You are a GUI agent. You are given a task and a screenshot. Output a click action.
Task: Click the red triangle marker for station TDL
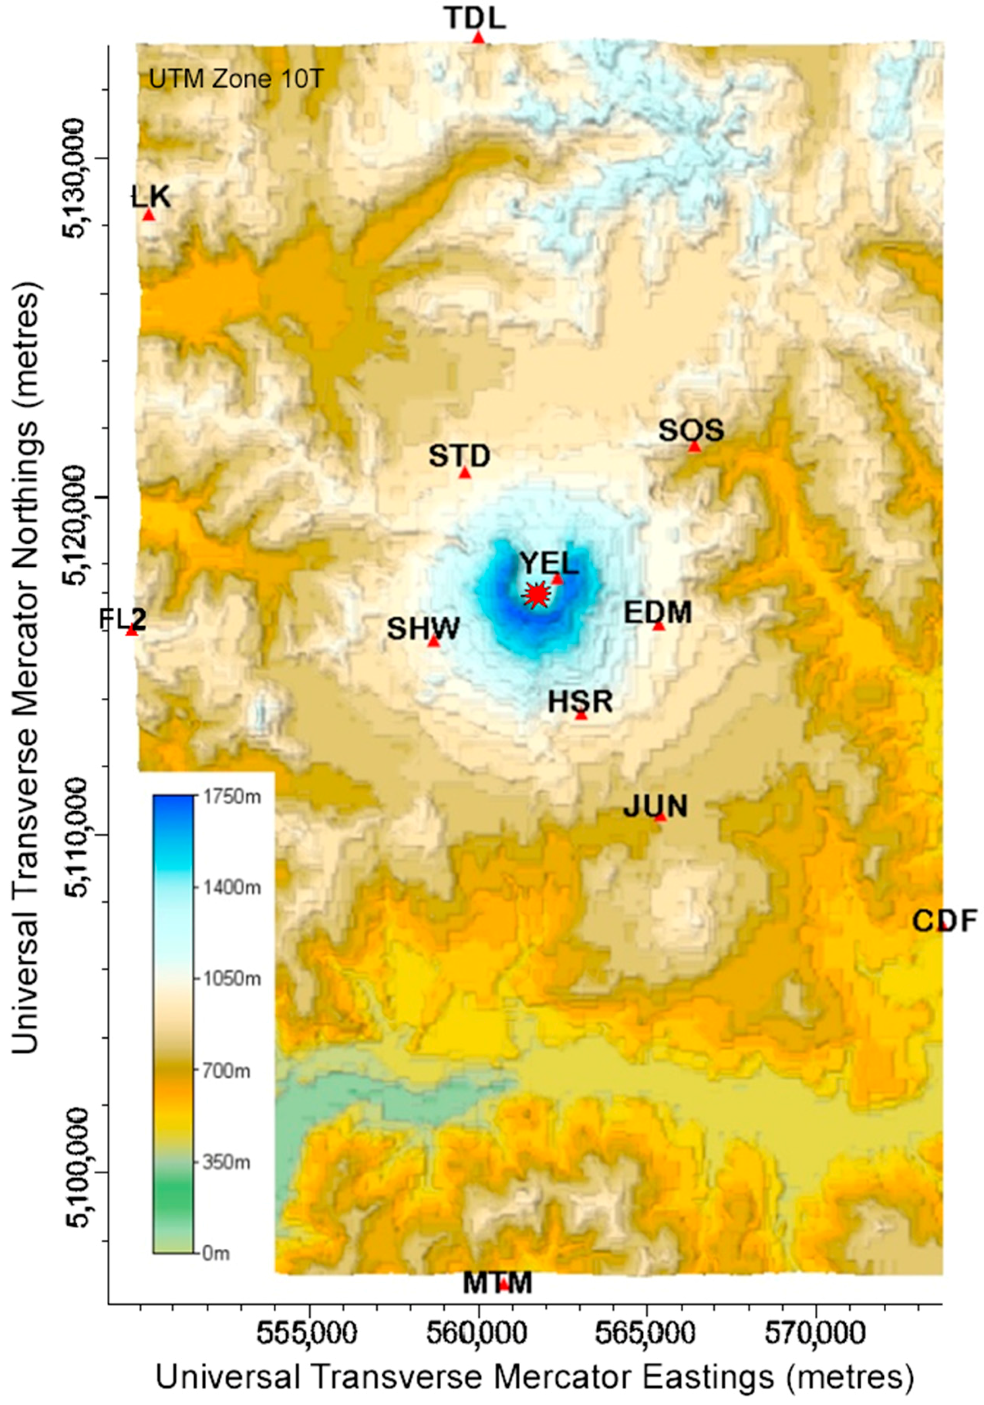point(479,38)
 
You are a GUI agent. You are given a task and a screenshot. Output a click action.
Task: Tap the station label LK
point(150,197)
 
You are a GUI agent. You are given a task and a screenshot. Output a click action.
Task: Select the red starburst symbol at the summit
point(537,594)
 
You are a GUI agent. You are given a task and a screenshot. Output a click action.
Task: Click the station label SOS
point(691,431)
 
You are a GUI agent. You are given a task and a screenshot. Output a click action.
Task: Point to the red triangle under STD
point(465,473)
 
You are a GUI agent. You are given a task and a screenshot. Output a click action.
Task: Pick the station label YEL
point(549,563)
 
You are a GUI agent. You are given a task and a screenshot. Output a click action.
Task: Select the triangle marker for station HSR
point(581,715)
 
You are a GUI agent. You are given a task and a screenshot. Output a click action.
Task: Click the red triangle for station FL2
point(132,630)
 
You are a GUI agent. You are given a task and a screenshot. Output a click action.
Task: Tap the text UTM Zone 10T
point(236,79)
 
